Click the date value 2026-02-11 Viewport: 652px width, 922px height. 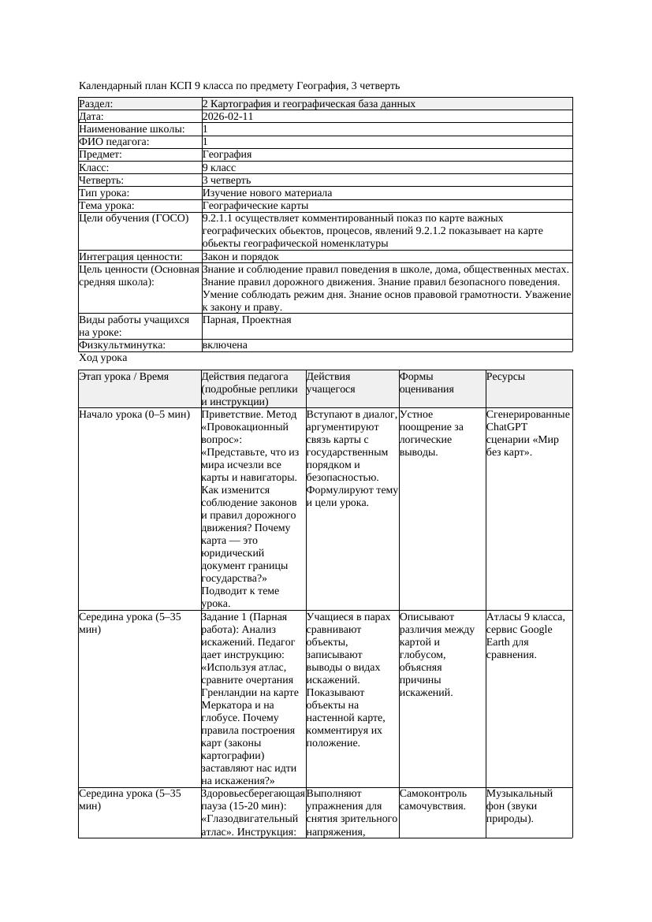pyautogui.click(x=228, y=117)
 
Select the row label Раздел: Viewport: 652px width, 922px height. pyautogui.click(x=96, y=104)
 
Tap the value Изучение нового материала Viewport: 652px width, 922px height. pyautogui.click(x=266, y=193)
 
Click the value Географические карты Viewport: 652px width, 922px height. pyautogui.click(x=255, y=206)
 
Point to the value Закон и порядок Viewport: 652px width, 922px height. pyautogui.click(x=240, y=257)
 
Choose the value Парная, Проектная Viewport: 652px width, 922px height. pyautogui.click(x=247, y=320)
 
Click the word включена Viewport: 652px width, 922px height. pyautogui.click(x=225, y=345)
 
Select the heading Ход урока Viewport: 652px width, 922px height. pyautogui.click(x=103, y=358)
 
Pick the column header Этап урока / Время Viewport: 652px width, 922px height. pyautogui.click(x=124, y=377)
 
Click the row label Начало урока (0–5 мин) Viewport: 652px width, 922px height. pyautogui.click(x=134, y=414)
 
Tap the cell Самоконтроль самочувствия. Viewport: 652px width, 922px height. pyautogui.click(x=433, y=799)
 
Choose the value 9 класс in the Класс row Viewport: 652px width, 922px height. pyautogui.click(x=219, y=168)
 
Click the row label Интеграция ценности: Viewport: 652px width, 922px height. pyautogui.click(x=130, y=257)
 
